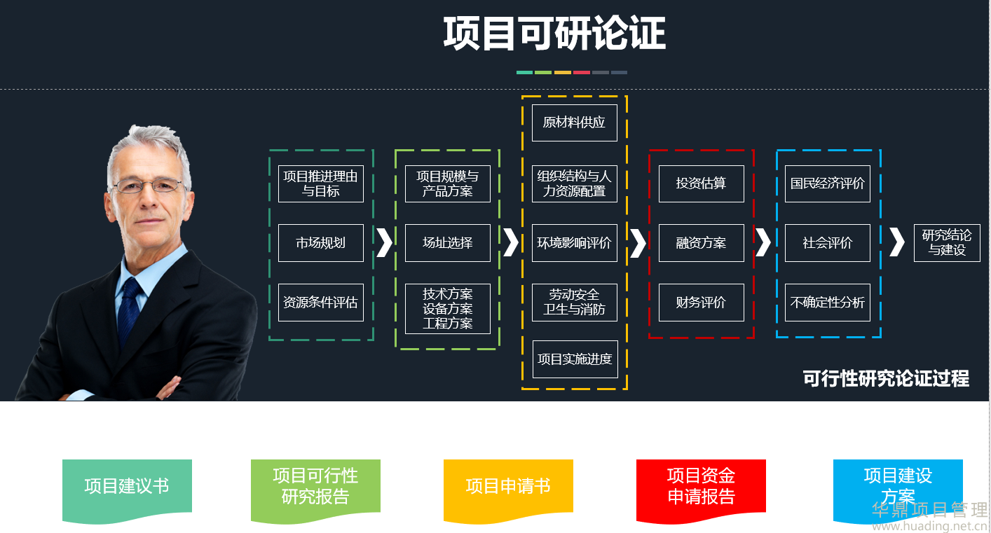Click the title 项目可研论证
(554, 34)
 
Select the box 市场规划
(321, 243)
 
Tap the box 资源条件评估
(321, 303)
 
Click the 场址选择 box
(448, 243)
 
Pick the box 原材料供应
(575, 123)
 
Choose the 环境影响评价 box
(575, 243)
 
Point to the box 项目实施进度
(575, 359)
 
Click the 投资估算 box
(702, 184)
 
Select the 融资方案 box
(702, 243)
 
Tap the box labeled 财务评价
(702, 303)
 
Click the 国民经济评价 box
(828, 184)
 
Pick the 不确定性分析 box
(828, 303)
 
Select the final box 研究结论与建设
(947, 243)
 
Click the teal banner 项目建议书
(127, 487)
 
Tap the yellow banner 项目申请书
(508, 487)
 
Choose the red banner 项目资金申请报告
(701, 487)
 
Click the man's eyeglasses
(149, 186)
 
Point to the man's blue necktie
(129, 308)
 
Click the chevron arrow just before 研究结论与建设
(896, 242)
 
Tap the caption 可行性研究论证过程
(886, 379)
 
